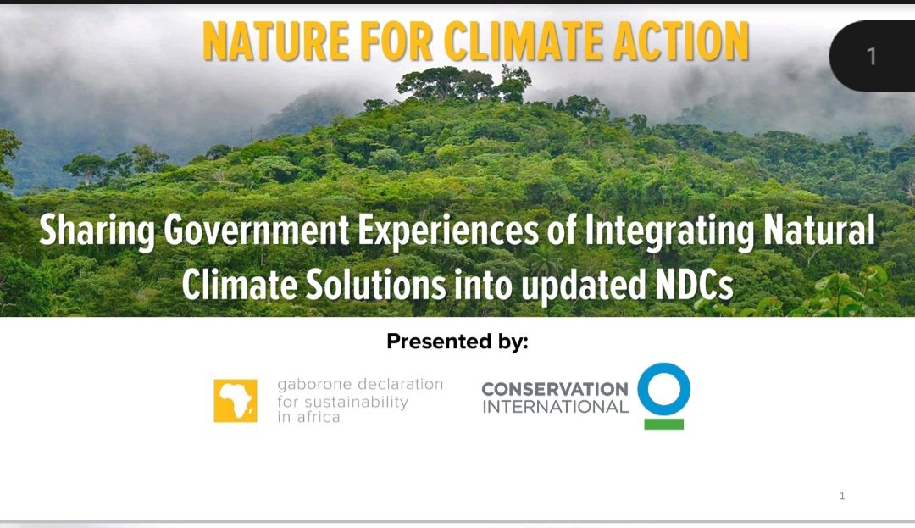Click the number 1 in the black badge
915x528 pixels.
(871, 57)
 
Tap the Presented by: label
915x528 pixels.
(457, 342)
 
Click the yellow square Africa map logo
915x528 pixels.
(236, 400)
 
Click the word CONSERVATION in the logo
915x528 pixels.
(555, 388)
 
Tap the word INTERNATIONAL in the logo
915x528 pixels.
(555, 406)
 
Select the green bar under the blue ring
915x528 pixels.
(663, 423)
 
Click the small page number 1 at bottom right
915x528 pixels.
(842, 496)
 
